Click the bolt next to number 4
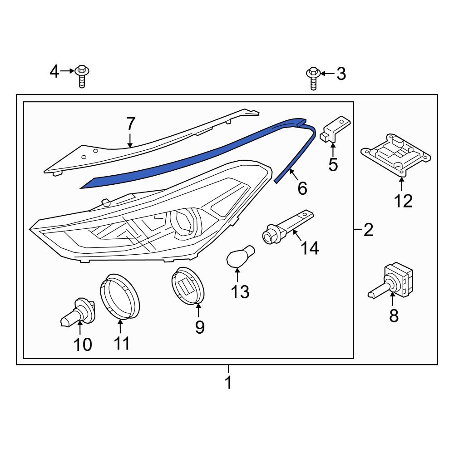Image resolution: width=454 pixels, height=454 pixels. pyautogui.click(x=82, y=76)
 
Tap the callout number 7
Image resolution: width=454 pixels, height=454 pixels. pyautogui.click(x=130, y=123)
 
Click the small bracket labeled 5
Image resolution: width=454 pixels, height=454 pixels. pyautogui.click(x=335, y=129)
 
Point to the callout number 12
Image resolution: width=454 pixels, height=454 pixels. pyautogui.click(x=403, y=200)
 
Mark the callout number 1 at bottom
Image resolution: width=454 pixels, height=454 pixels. pyautogui.click(x=228, y=383)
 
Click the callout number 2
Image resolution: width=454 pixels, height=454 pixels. pyautogui.click(x=368, y=230)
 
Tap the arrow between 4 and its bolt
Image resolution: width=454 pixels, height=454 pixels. pyautogui.click(x=67, y=71)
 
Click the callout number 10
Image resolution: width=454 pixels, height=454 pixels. pyautogui.click(x=83, y=345)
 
